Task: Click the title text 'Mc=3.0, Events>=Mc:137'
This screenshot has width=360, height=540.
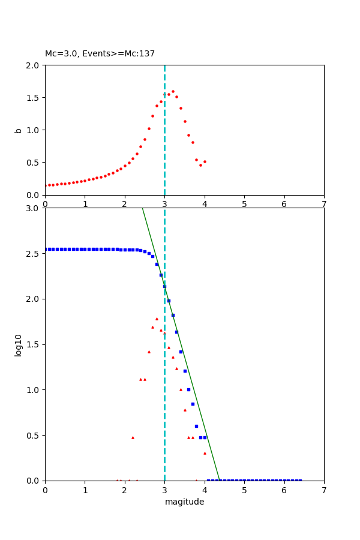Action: tap(100, 54)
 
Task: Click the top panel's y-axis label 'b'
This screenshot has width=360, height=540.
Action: tap(19, 130)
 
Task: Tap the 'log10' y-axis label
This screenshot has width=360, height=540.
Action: tap(19, 344)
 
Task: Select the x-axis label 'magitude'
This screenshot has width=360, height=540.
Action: tap(184, 502)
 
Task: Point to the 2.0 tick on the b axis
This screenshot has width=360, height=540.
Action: tap(34, 65)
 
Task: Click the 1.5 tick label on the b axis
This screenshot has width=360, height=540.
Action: tap(34, 98)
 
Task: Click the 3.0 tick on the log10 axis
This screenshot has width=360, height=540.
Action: tap(34, 208)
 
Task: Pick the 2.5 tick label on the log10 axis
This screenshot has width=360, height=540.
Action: tap(34, 254)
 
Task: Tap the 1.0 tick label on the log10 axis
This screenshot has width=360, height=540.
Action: tap(34, 390)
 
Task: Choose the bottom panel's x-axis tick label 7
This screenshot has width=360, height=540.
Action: tap(324, 490)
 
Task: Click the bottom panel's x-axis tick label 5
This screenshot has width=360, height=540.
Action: tap(244, 490)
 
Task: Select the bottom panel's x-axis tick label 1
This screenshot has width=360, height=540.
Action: tap(85, 490)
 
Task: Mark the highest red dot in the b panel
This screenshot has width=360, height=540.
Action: tap(173, 92)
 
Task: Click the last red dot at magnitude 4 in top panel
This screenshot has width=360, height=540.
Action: tap(205, 161)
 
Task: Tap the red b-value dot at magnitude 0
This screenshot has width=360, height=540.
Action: tap(46, 185)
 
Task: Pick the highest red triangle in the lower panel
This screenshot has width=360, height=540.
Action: tap(157, 319)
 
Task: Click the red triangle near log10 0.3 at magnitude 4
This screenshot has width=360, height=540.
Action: tap(205, 453)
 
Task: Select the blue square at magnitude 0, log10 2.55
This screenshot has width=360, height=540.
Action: tap(46, 249)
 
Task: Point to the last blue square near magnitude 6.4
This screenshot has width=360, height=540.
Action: tap(300, 480)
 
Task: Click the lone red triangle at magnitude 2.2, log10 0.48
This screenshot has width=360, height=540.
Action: tap(133, 437)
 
